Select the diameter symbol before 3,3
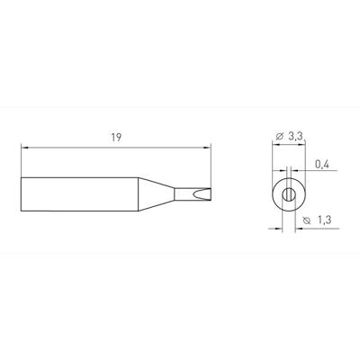(x=280, y=136)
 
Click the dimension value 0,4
(x=322, y=164)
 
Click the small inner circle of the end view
(x=287, y=194)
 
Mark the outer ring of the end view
(x=276, y=194)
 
